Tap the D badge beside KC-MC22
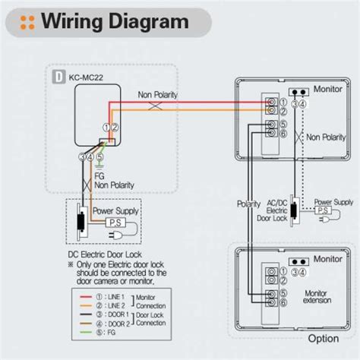58,77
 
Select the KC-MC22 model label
87,77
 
